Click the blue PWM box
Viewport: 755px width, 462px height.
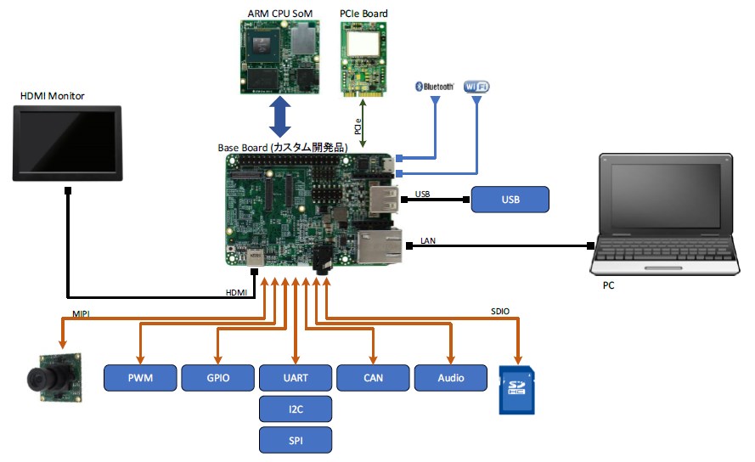pos(140,378)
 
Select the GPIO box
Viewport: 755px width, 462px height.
pos(217,378)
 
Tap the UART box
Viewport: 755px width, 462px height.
pos(295,378)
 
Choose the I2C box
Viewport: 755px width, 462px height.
pos(295,409)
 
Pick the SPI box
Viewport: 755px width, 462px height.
pos(295,440)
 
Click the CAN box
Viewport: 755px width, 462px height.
pos(373,378)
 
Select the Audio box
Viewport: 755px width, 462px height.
pos(450,378)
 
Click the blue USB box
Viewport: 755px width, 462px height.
pos(510,200)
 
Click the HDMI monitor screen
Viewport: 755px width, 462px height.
pos(67,144)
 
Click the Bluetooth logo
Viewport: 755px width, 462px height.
pos(434,87)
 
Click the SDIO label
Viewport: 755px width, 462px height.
pos(500,312)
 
